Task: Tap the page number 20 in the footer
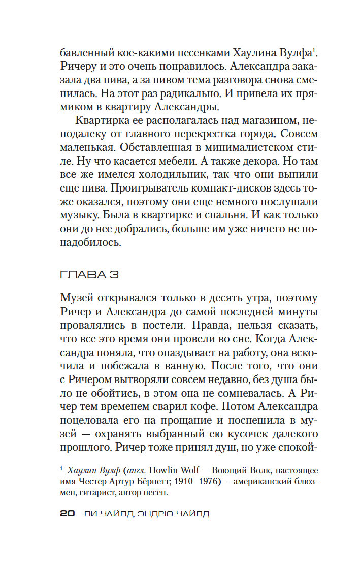pyautogui.click(x=68, y=513)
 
